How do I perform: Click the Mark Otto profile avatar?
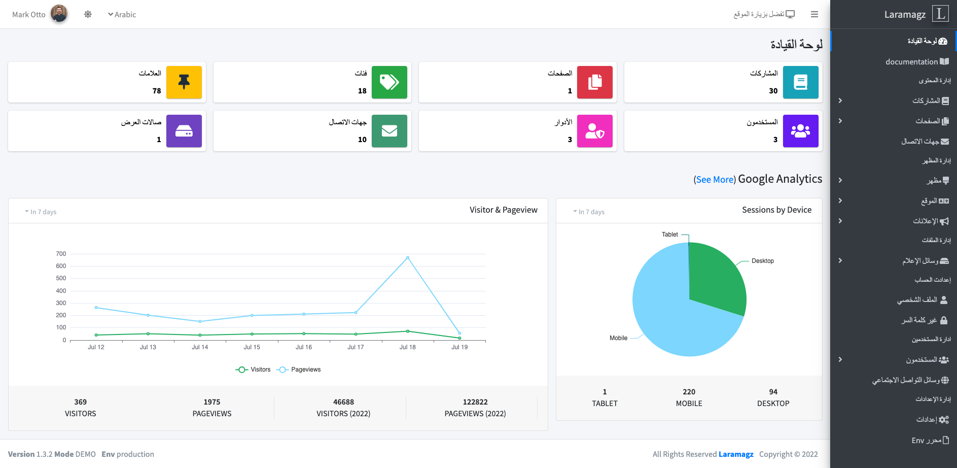[59, 14]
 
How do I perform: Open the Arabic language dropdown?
[122, 15]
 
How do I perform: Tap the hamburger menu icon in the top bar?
[814, 15]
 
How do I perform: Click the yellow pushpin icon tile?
[184, 82]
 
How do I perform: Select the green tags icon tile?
[389, 82]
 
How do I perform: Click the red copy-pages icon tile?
[594, 82]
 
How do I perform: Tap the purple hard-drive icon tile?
[184, 131]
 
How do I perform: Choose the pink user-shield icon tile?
[594, 131]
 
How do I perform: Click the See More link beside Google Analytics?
[715, 180]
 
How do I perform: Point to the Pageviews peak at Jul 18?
[407, 258]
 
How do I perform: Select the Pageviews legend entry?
[299, 370]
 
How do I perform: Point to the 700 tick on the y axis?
[61, 254]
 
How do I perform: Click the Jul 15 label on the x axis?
[252, 347]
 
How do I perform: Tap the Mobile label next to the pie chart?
[618, 338]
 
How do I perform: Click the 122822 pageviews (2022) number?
[475, 402]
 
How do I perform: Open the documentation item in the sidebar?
[912, 62]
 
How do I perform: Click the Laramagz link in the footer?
[735, 454]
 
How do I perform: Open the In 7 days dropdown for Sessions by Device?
[589, 212]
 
